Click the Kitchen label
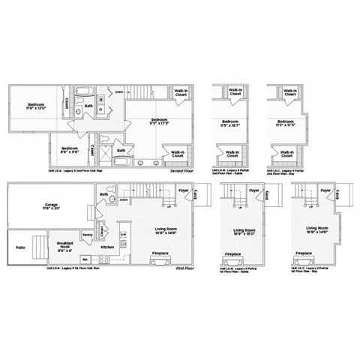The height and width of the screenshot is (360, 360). click(x=107, y=247)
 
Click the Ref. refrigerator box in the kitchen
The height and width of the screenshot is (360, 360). click(x=85, y=260)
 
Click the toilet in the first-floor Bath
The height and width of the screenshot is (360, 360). click(x=112, y=201)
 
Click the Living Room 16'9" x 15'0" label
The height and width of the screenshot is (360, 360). click(x=241, y=232)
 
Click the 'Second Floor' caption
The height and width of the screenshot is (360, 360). click(x=181, y=171)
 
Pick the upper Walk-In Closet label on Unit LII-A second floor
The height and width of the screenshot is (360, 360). click(x=181, y=93)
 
